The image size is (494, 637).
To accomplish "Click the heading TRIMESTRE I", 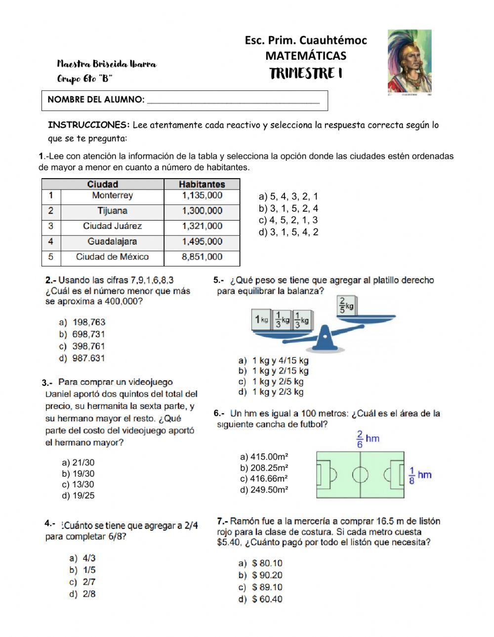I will pyautogui.click(x=306, y=74).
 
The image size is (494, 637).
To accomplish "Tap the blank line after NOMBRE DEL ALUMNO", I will pyautogui.click(x=233, y=100).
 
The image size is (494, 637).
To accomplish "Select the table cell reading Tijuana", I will pyautogui.click(x=112, y=211).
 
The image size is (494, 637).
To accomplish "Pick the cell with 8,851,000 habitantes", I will pyautogui.click(x=202, y=257).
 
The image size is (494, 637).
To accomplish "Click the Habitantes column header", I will pyautogui.click(x=202, y=184).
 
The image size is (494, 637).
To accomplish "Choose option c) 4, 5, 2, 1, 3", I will pyautogui.click(x=288, y=220).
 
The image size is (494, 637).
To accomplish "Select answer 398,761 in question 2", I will pyautogui.click(x=88, y=346).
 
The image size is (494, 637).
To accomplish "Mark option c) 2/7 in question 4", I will pyautogui.click(x=83, y=582).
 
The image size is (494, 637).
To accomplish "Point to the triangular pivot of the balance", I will pyautogui.click(x=325, y=339).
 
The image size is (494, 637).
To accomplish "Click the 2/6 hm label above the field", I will pyautogui.click(x=367, y=439).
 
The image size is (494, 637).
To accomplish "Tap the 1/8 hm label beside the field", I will pyautogui.click(x=420, y=476).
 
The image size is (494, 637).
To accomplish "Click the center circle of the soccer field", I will pyautogui.click(x=360, y=475).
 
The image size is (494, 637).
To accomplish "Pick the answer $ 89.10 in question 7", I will pyautogui.click(x=267, y=587).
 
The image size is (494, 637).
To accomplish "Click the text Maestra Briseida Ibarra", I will pyautogui.click(x=107, y=64).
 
